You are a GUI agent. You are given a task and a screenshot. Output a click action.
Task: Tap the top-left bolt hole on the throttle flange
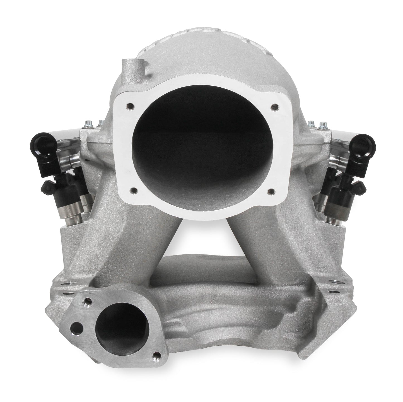[130, 106]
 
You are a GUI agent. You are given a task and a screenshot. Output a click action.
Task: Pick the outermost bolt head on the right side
[323, 123]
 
